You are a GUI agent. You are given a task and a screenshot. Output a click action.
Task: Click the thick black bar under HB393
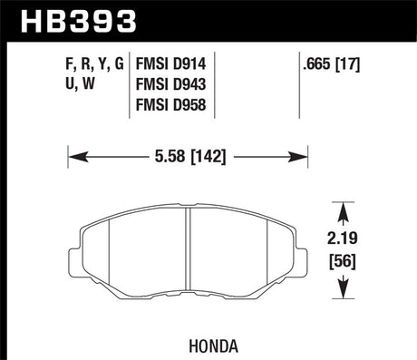pos(208,38)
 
